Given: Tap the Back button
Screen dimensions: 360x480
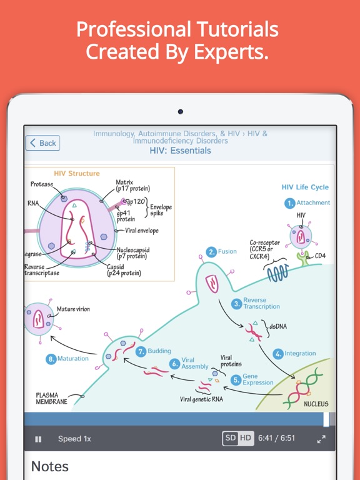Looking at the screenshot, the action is (42, 143).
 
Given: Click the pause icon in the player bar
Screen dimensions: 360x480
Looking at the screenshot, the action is (38, 439).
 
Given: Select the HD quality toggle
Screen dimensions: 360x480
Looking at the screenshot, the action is (246, 438).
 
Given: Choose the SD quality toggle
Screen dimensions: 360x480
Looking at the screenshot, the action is (230, 438).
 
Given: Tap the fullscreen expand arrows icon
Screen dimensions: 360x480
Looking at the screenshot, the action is (321, 439).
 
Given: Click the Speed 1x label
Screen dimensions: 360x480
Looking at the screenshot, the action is (74, 439).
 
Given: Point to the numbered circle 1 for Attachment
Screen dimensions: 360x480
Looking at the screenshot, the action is (289, 203).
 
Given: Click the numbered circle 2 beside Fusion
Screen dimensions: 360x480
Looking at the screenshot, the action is (211, 252).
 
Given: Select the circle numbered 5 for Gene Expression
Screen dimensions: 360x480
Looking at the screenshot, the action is (236, 380).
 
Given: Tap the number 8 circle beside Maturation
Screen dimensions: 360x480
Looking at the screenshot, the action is (51, 359).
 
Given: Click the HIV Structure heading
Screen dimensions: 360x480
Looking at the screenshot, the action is (77, 173).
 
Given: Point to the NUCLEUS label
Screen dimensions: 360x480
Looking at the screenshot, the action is (316, 404).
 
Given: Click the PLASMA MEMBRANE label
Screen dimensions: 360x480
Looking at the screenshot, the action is (51, 398).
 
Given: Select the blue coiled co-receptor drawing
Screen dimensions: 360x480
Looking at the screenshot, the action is (277, 272).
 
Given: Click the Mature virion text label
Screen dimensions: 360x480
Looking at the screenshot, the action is (74, 309).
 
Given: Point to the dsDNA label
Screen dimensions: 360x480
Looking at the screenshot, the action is (278, 326).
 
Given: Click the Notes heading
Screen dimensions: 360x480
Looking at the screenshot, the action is (50, 466).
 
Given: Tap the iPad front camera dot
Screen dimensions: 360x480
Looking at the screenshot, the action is (180, 111).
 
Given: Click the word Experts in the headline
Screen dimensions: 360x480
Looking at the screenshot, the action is (231, 51).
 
